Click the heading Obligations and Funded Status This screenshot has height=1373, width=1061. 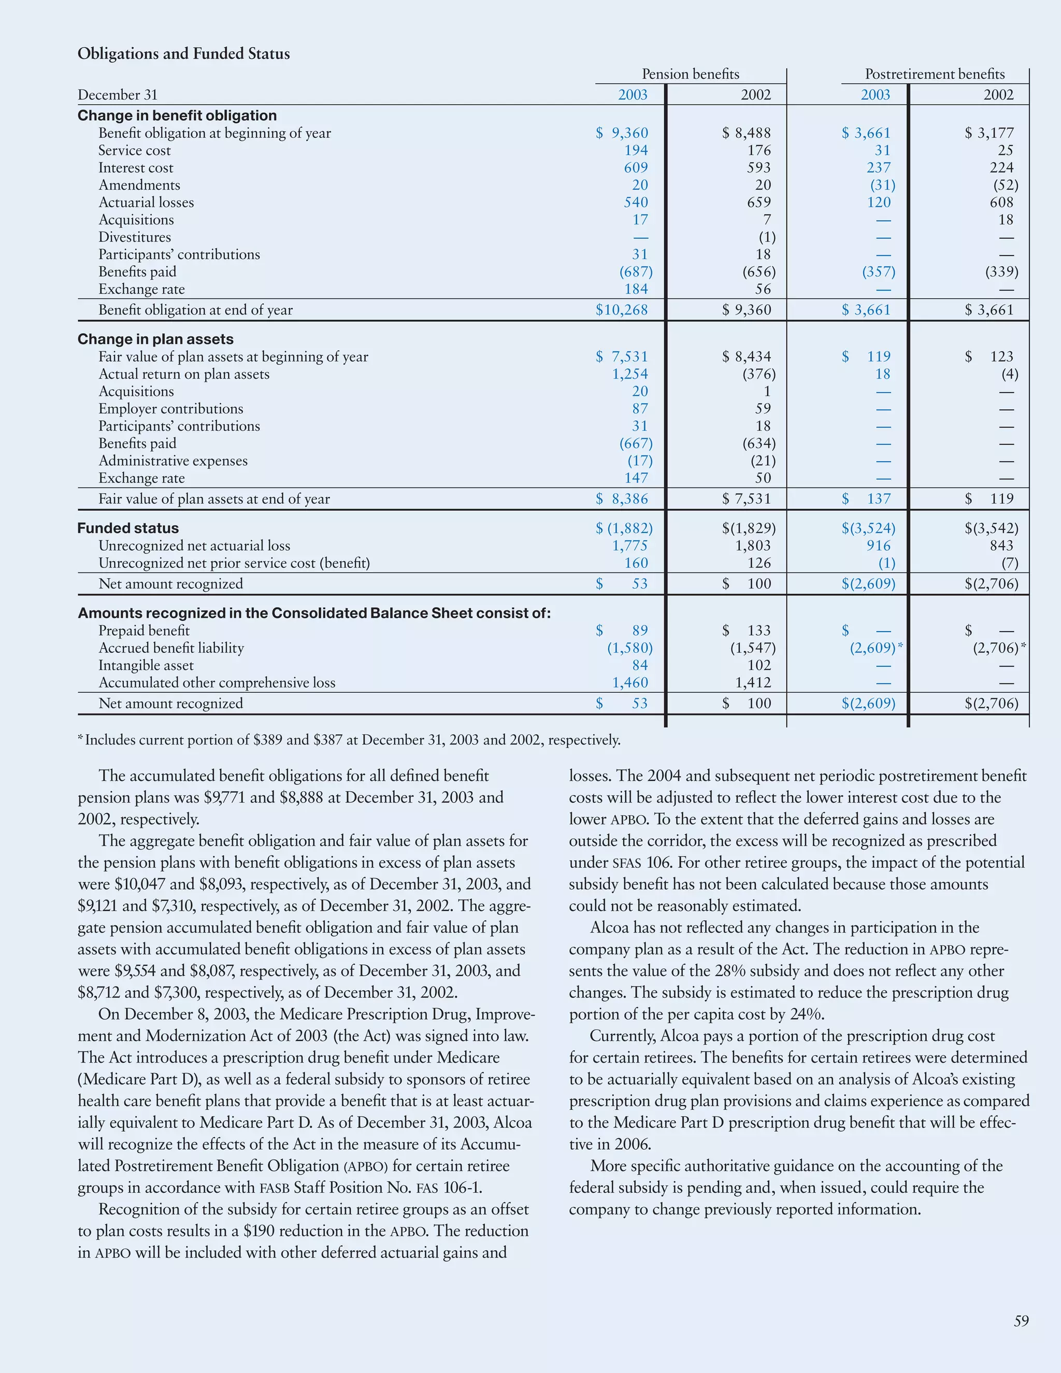(x=183, y=53)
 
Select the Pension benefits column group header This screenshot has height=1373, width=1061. (x=690, y=74)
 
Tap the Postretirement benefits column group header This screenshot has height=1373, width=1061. (x=934, y=74)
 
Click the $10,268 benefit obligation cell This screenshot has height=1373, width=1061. (x=622, y=310)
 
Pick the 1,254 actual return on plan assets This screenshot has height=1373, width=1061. (x=630, y=374)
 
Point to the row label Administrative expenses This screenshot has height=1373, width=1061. (x=173, y=461)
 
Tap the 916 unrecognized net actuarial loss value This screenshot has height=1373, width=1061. (x=879, y=546)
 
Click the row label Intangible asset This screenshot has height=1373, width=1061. (x=146, y=665)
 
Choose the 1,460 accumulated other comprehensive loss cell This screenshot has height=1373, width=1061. (x=630, y=683)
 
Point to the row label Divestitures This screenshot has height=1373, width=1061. (x=135, y=237)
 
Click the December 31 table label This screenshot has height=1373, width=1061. (x=118, y=95)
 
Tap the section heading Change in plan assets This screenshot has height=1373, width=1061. (x=155, y=339)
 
